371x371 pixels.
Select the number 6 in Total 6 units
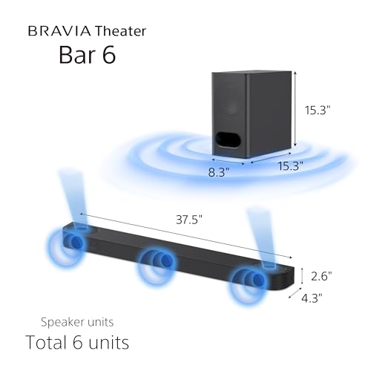(91, 343)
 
